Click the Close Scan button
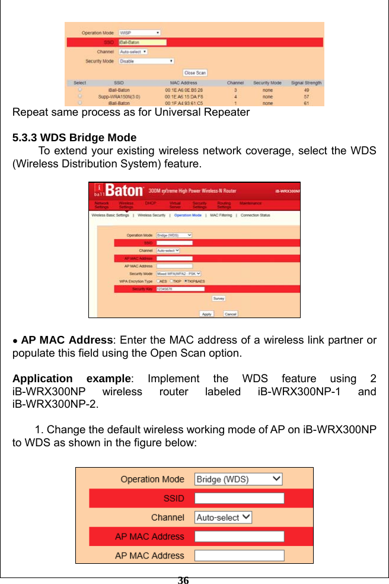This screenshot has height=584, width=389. pos(194,73)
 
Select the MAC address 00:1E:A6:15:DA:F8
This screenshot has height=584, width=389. pos(184,96)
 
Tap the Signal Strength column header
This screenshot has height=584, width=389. pos(306,83)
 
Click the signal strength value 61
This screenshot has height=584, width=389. pos(306,103)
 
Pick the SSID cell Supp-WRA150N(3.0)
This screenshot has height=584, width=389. pos(119,96)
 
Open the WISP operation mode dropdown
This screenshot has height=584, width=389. pos(139,33)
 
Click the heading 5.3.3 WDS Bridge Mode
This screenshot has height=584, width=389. pos(74,138)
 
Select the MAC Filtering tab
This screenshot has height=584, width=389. pos(221,215)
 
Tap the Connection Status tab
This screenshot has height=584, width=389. pos(256,215)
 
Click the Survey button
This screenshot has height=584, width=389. pos(219,299)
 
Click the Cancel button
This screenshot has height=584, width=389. pos(231,313)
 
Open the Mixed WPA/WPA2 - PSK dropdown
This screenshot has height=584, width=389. pos(178,274)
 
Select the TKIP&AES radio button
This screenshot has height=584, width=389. pos(187,281)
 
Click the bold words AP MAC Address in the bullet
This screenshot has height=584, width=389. pos(66,341)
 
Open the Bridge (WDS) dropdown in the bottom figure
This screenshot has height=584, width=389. pos(238,479)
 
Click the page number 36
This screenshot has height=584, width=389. pos(183,580)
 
